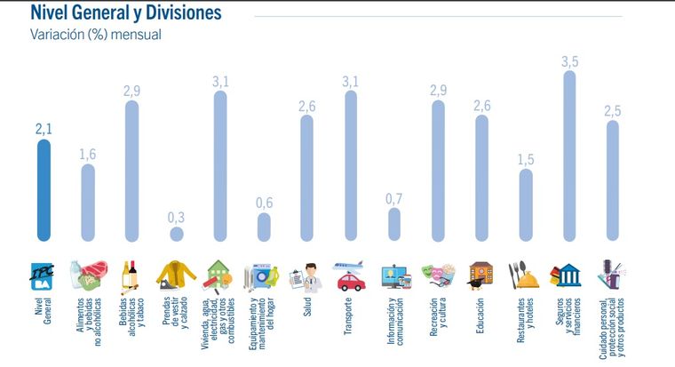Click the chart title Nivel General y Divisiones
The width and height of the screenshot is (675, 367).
click(125, 13)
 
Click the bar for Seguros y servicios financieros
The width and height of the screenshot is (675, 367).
click(568, 156)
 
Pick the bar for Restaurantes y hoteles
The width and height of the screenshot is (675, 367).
click(525, 204)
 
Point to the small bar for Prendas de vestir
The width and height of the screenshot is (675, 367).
click(176, 234)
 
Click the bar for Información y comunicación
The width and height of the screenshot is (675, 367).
click(394, 225)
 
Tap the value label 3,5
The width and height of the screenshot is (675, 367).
click(569, 61)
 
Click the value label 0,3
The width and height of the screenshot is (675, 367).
click(176, 216)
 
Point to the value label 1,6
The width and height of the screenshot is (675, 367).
click(88, 155)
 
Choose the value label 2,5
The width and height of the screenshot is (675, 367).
click(613, 111)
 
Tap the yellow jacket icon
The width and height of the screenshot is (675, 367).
click(175, 275)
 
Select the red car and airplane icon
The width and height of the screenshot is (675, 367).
click(350, 275)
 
